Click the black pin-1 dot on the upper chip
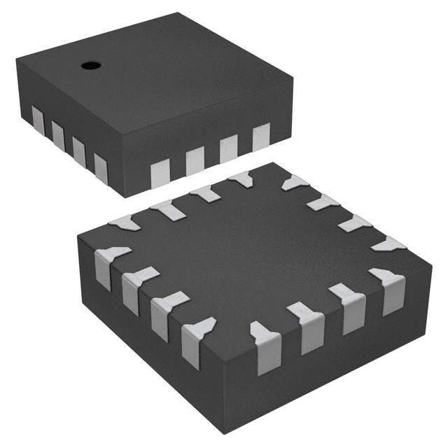tap(90, 66)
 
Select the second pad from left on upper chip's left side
tap(57, 129)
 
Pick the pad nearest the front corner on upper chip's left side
tap(100, 165)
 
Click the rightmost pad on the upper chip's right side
tap(261, 136)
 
